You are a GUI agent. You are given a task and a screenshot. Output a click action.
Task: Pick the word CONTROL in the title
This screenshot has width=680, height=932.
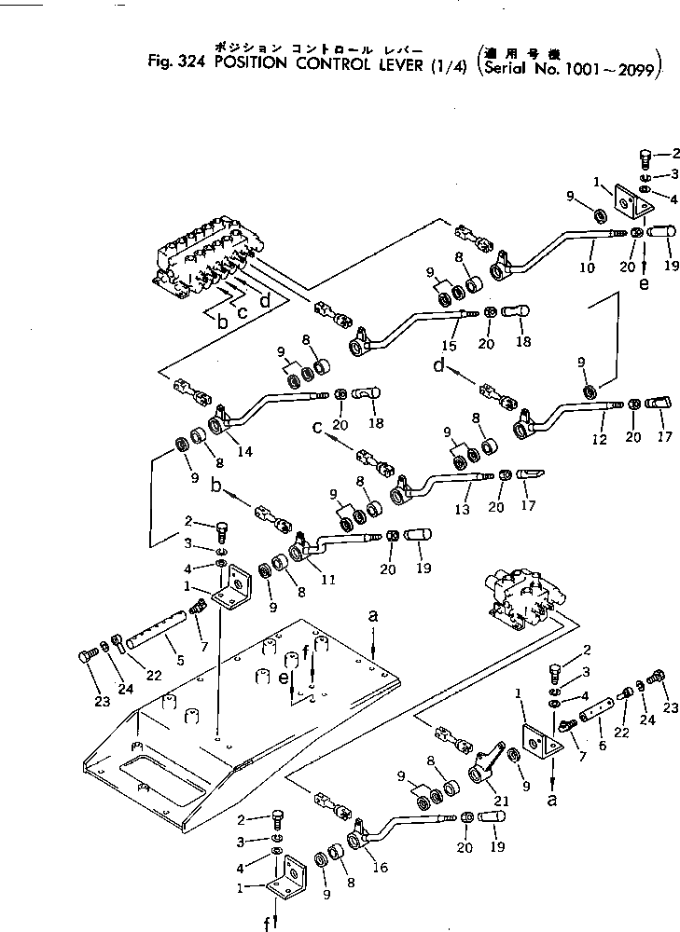(x=321, y=62)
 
